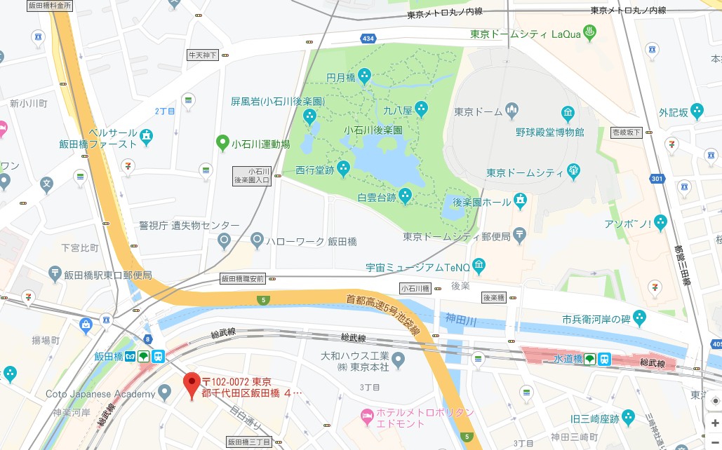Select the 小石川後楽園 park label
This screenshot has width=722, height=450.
point(373,130)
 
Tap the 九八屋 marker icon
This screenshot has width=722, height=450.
point(421,108)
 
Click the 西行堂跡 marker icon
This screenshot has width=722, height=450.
point(343,168)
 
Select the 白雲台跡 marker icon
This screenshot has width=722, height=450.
point(405,194)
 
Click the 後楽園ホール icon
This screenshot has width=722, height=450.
point(520,200)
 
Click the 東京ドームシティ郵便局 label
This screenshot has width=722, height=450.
point(456,236)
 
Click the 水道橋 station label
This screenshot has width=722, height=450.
point(568,359)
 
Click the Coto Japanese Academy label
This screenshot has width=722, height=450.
point(100,394)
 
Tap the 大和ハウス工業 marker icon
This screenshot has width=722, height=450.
point(399,361)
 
